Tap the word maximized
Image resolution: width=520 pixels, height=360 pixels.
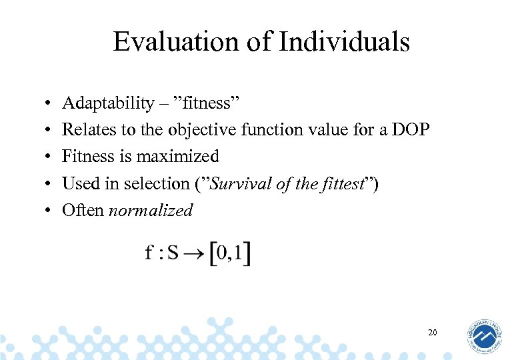[x=177, y=157]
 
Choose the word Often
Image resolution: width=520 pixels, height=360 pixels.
[x=83, y=211]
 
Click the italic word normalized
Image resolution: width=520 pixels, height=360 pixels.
[x=151, y=211]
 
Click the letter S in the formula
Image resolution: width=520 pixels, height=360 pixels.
[x=173, y=254]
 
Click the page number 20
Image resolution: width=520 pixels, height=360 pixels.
[x=432, y=332]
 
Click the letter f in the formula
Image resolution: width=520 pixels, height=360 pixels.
[x=149, y=253]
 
